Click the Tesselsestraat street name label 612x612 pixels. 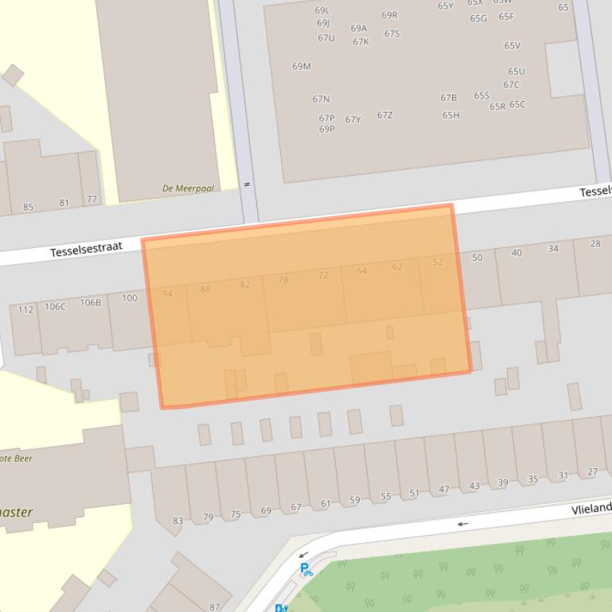[x=86, y=250]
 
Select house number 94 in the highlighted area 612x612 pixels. [x=167, y=293]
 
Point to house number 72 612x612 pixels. [x=323, y=275]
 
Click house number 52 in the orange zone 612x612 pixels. [x=438, y=261]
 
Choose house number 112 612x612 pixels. [x=26, y=309]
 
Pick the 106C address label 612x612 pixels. [x=55, y=306]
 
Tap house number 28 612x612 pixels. [x=595, y=243]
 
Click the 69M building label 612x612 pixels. [x=302, y=67]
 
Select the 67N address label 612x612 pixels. [x=321, y=99]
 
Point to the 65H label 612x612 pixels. [x=450, y=115]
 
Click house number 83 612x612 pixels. [x=177, y=521]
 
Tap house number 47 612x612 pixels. [x=444, y=490]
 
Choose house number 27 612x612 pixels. [x=592, y=472]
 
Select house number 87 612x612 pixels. [x=215, y=606]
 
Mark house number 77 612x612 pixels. [x=92, y=199]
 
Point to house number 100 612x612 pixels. [x=130, y=298]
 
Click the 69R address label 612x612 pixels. [x=389, y=15]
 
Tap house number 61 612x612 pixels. [x=325, y=503]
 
